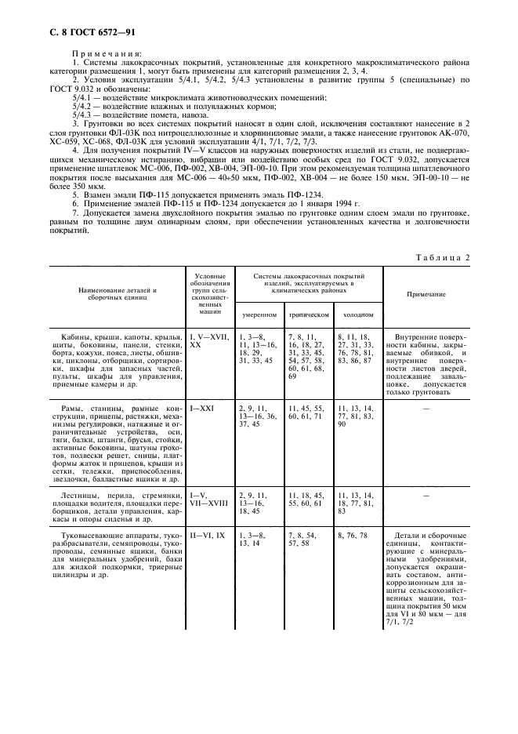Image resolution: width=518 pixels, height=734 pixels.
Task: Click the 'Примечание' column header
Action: click(426, 294)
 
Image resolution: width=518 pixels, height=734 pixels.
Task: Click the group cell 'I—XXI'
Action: click(202, 409)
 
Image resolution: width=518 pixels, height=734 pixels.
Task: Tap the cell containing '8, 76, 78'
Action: click(353, 535)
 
